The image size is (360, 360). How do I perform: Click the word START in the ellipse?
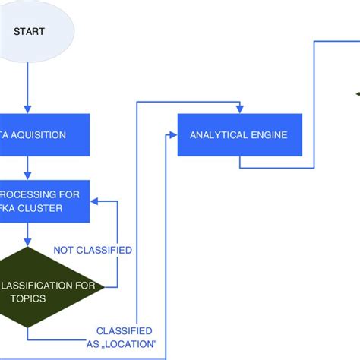click(28, 33)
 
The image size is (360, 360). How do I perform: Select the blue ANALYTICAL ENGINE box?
click(239, 135)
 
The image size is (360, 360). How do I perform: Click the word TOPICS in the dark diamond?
click(29, 299)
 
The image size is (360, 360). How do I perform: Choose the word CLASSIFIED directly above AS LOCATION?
click(124, 331)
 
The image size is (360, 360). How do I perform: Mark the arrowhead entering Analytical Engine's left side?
click(173, 135)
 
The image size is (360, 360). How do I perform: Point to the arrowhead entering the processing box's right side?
click(95, 202)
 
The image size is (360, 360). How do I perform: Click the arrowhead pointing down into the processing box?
click(27, 175)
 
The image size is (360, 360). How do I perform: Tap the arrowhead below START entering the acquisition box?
click(27, 109)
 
